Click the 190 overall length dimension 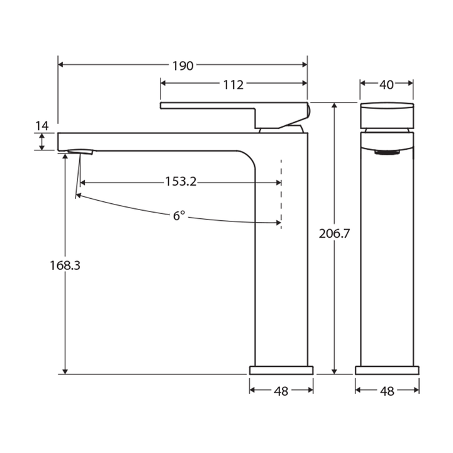point(184,65)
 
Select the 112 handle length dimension point(233,85)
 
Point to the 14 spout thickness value point(42,126)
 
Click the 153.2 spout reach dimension point(181,182)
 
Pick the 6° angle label point(179,216)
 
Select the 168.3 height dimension point(65,266)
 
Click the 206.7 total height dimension point(335,233)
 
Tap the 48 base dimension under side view point(281,391)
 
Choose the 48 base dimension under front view point(387,391)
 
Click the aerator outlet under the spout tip point(80,152)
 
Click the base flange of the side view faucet point(281,370)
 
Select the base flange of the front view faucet point(387,370)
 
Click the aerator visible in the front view point(387,152)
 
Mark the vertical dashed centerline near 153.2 point(281,195)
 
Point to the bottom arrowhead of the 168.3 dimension point(65,371)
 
